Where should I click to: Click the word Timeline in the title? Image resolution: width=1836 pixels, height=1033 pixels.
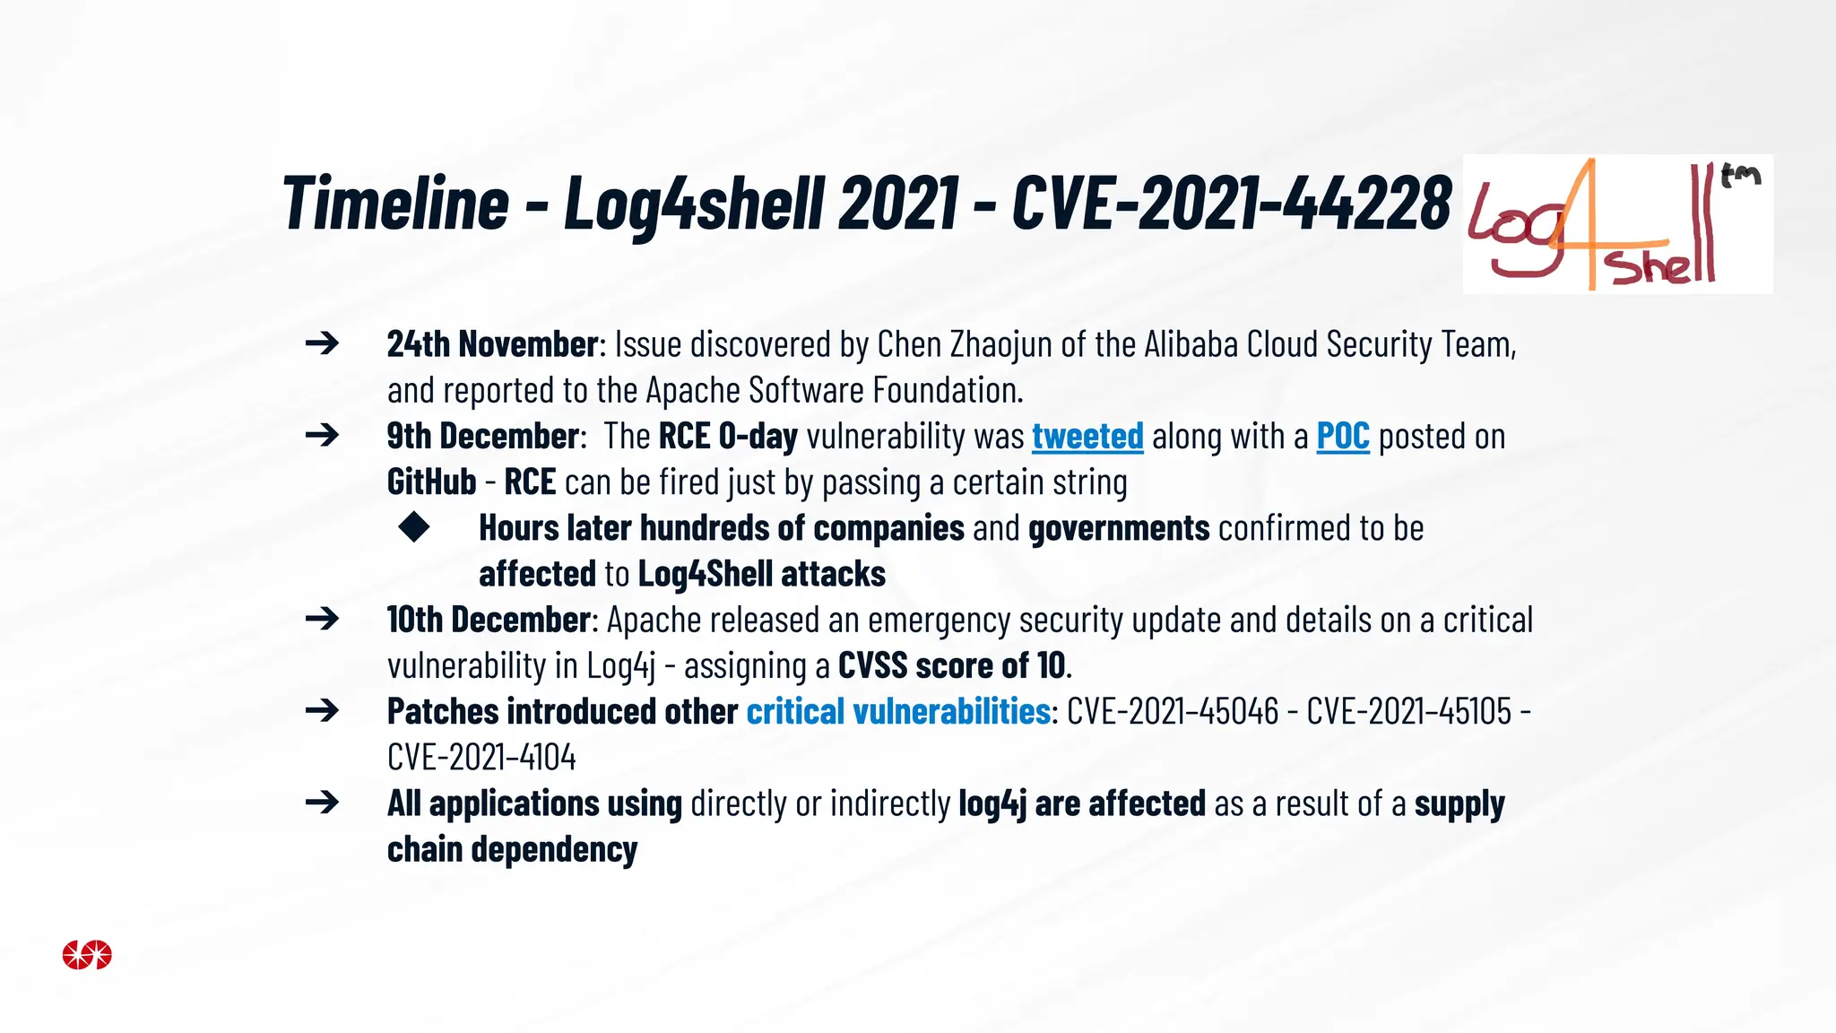pyautogui.click(x=395, y=203)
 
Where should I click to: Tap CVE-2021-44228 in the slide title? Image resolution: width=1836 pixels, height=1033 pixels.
pyautogui.click(x=1231, y=203)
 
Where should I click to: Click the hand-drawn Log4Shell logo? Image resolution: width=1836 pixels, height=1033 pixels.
pyautogui.click(x=1617, y=224)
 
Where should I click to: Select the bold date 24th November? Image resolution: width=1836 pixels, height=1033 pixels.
pyautogui.click(x=492, y=344)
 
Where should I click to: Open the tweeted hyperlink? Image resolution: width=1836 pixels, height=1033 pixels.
pyautogui.click(x=1087, y=437)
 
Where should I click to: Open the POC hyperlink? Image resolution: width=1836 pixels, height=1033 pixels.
pyautogui.click(x=1342, y=437)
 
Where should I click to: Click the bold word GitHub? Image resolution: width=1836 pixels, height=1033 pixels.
pyautogui.click(x=431, y=482)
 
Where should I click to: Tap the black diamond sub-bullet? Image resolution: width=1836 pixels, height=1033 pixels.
pyautogui.click(x=414, y=527)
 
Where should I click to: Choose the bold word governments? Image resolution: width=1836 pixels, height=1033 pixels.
pyautogui.click(x=1119, y=528)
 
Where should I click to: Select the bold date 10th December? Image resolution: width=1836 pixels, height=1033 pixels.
pyautogui.click(x=489, y=620)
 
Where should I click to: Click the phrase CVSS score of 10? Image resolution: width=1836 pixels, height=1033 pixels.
pyautogui.click(x=951, y=666)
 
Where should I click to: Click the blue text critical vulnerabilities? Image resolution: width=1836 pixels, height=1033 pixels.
pyautogui.click(x=897, y=712)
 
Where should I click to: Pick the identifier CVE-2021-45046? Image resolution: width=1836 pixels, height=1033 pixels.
pyautogui.click(x=1173, y=712)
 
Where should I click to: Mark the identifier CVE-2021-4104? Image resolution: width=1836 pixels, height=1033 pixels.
pyautogui.click(x=481, y=758)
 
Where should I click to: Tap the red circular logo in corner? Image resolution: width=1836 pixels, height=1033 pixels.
pyautogui.click(x=87, y=955)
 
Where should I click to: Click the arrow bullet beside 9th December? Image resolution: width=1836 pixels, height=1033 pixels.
pyautogui.click(x=322, y=436)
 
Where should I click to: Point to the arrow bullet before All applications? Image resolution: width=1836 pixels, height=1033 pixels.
pyautogui.click(x=322, y=803)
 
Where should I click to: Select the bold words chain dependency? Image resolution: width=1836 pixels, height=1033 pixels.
pyautogui.click(x=512, y=849)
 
